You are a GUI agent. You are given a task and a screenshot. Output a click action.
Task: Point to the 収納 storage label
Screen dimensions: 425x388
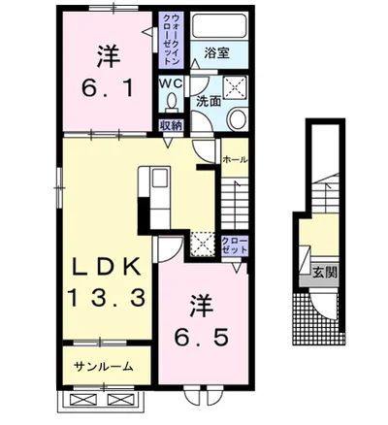point(170,125)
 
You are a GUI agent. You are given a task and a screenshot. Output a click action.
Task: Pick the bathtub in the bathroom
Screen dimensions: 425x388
point(215,26)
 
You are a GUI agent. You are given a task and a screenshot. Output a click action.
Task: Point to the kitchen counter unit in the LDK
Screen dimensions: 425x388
point(155,194)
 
